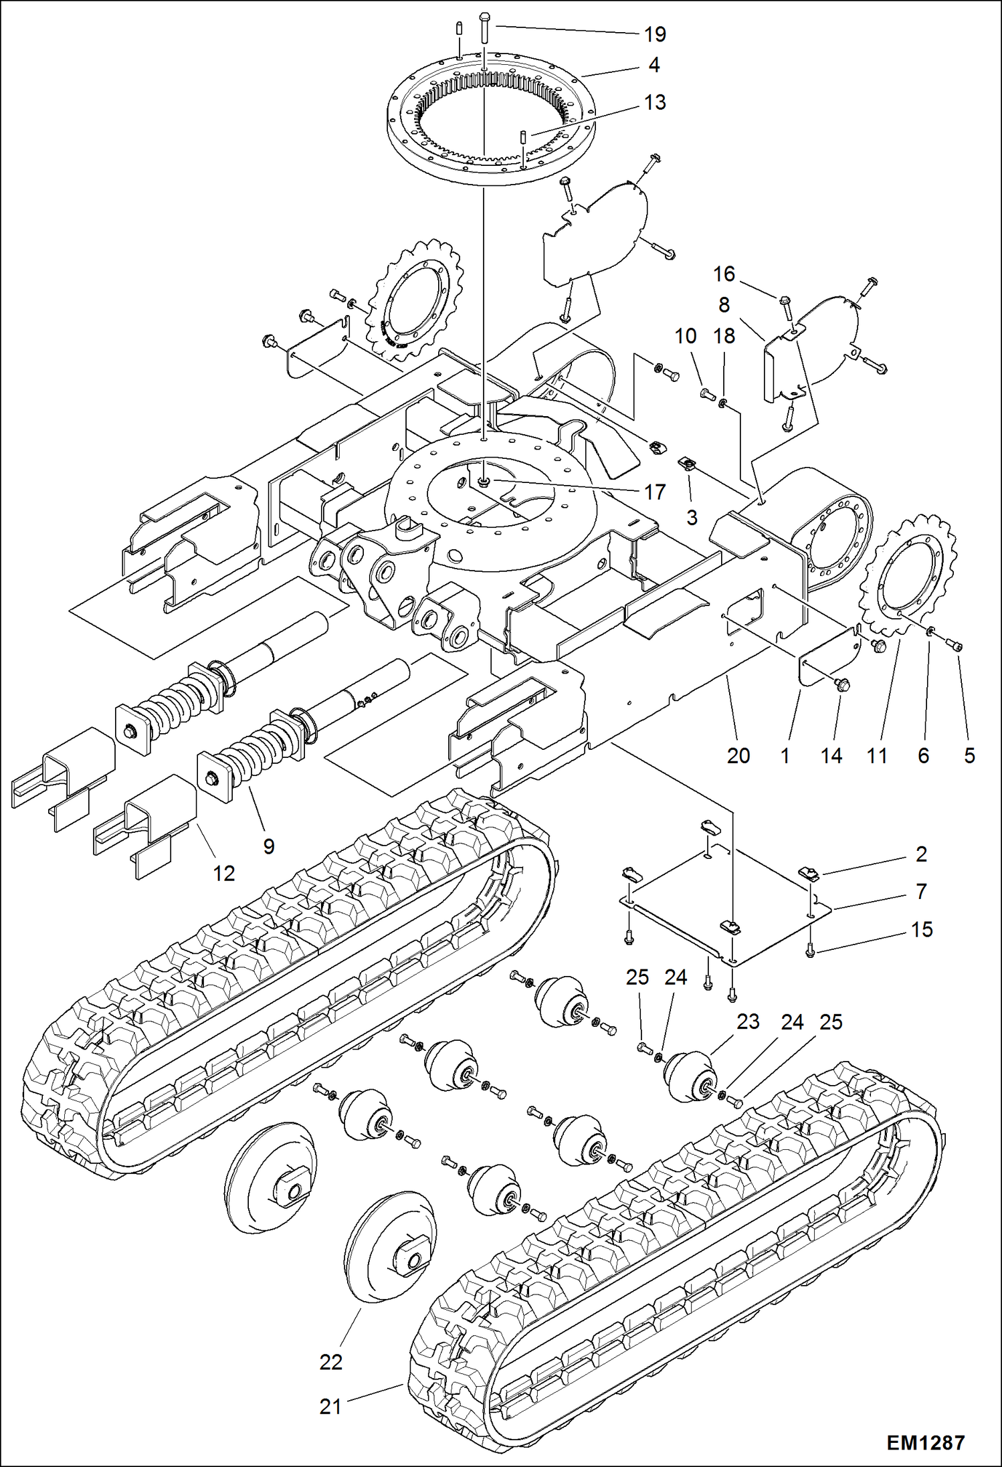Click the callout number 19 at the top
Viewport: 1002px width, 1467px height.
[x=655, y=33]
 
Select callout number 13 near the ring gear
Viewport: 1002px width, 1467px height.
[x=655, y=102]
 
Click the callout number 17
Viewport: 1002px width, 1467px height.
[x=654, y=492]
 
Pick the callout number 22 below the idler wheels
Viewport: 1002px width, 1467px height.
[x=331, y=1361]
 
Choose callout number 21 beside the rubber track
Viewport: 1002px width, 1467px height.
[x=330, y=1407]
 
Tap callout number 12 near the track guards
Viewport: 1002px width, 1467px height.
[x=224, y=873]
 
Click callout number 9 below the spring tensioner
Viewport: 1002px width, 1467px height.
[x=269, y=846]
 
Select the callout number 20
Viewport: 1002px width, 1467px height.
[x=738, y=755]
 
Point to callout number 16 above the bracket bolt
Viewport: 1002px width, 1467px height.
[x=724, y=274]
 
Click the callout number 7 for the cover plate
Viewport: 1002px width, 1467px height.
[x=921, y=891]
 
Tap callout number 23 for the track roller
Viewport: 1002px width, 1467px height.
[x=748, y=1021]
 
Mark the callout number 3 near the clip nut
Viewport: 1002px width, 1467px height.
[x=692, y=517]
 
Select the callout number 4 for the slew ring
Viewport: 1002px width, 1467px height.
[x=654, y=65]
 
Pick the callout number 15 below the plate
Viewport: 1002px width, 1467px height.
[x=922, y=929]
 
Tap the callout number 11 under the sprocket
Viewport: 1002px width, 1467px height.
[x=877, y=755]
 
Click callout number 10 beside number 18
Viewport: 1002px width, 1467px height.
[x=686, y=336]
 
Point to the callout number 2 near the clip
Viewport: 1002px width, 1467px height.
[x=921, y=854]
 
